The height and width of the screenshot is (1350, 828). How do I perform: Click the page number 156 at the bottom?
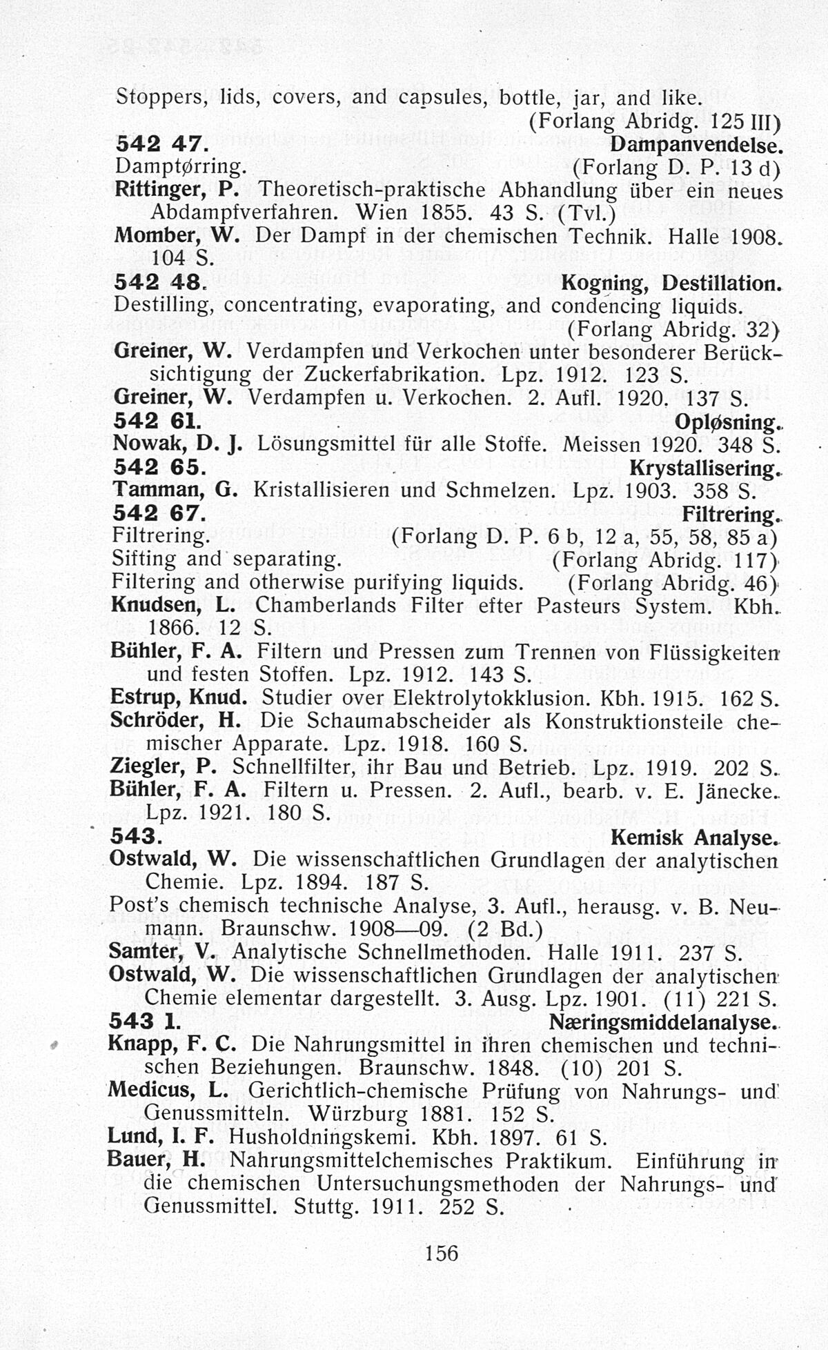442,1252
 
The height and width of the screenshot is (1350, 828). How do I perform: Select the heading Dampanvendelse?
697,144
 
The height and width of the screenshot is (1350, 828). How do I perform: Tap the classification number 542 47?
159,143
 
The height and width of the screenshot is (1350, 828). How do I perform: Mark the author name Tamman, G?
175,490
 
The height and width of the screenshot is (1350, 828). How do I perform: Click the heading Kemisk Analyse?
694,837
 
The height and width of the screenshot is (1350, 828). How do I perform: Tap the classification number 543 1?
145,1021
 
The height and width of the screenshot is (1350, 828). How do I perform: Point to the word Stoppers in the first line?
161,97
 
